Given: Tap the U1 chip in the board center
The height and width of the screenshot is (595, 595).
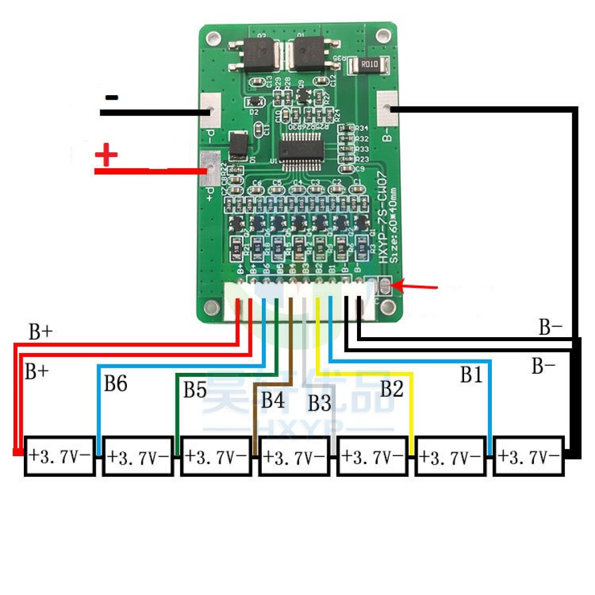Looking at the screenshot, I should coord(301,149).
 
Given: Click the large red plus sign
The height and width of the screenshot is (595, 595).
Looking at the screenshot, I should coord(106,155).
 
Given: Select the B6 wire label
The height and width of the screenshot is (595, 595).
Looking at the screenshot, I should coord(115,383).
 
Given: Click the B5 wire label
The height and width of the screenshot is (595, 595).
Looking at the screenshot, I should coord(195,390).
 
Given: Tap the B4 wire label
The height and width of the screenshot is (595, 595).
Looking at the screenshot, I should coord(273,400).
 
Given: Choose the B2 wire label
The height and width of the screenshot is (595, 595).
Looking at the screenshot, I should coord(392,389).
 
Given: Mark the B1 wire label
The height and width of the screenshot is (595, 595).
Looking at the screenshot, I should coord(471,375).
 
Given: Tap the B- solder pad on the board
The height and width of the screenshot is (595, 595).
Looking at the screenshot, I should coord(387,108).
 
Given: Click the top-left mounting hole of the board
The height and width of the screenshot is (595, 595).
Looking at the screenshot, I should coord(214,38).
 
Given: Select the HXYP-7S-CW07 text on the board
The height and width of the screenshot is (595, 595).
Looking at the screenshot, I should coord(382,218).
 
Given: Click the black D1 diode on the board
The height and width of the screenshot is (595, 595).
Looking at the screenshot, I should coord(238,145).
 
